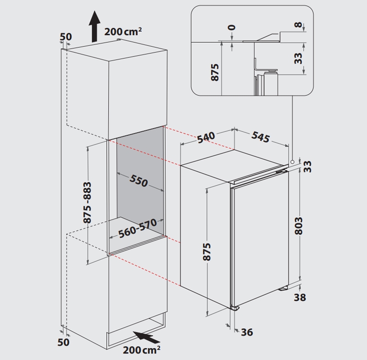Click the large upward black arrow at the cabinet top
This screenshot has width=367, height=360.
coord(95,26)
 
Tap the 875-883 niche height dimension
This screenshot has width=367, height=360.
coord(87,202)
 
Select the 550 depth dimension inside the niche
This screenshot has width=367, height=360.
coord(139,181)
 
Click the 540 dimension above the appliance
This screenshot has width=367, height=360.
coord(206,137)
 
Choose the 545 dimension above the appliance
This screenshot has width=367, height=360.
coord(261,137)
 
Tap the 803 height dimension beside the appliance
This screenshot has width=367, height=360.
coord(299,226)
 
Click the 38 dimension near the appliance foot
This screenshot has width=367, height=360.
coord(300,297)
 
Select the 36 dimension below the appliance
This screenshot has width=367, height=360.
coord(247,332)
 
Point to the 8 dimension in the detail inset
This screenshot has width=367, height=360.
coord(298,25)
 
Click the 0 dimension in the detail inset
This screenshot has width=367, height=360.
coord(232,28)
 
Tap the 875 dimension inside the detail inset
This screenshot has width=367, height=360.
coord(215,73)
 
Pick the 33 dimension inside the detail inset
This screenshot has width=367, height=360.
coord(298,58)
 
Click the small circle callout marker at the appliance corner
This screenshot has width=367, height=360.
coord(292,162)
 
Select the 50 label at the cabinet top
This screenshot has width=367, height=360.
coord(66,37)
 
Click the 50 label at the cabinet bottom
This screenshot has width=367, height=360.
coord(63,342)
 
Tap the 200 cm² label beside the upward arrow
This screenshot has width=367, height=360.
coord(123,32)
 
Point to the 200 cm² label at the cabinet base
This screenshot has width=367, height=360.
coord(142,350)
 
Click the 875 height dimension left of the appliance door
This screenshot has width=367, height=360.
coord(207,252)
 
